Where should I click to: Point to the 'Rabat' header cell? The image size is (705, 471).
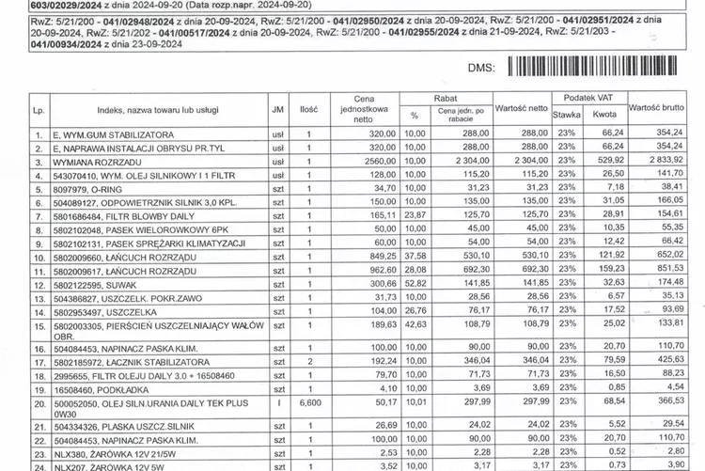pos(446,98)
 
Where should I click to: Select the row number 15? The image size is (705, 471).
pos(39,325)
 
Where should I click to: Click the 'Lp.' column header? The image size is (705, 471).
pos(39,110)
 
